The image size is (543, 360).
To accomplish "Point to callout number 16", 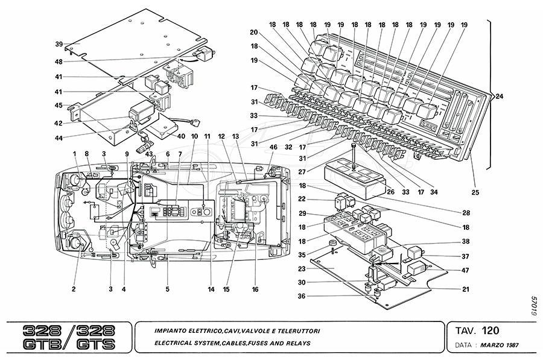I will tap(255, 289).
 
